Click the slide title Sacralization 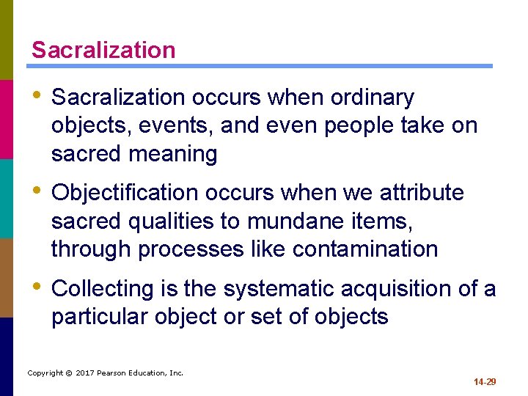[103, 50]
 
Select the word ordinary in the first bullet [373, 98]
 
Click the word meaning [174, 154]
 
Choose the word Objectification [125, 193]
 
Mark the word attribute [422, 193]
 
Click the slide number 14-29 [484, 382]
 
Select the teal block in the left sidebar [7, 198]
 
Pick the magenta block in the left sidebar [7, 119]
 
